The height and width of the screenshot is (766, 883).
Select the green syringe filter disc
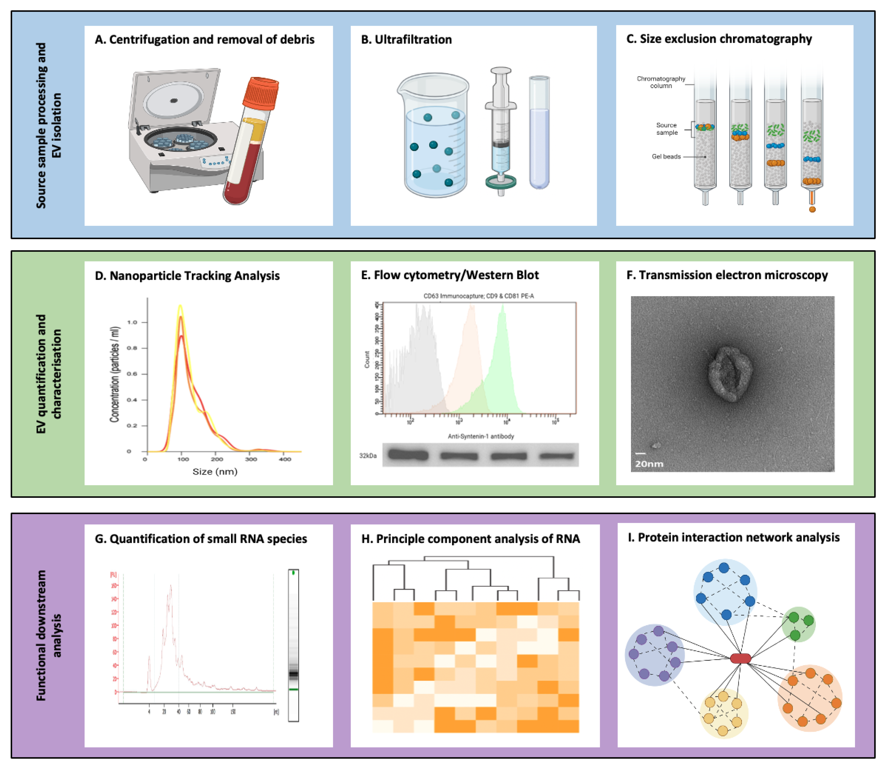click(501, 182)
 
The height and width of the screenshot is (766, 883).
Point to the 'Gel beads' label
click(666, 156)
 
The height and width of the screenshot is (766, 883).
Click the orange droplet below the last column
click(812, 209)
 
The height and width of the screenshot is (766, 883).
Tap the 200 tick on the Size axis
click(217, 459)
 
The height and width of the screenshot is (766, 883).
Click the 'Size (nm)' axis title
click(214, 472)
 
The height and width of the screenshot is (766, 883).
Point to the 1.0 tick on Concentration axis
click(132, 322)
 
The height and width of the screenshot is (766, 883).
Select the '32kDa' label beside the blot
click(367, 456)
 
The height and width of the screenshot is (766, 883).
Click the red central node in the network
click(740, 658)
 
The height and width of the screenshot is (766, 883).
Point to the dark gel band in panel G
click(293, 675)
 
